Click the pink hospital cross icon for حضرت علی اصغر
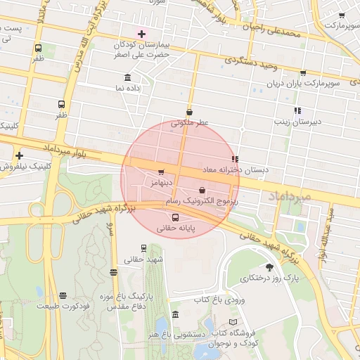(x=141, y=34)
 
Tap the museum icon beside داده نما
(x=127, y=77)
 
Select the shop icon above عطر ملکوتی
(x=189, y=112)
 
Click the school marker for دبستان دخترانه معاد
(x=234, y=159)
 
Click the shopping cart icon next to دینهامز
(x=161, y=172)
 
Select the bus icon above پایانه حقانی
(x=175, y=217)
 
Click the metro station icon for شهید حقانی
(x=144, y=248)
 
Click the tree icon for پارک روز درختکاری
(x=269, y=267)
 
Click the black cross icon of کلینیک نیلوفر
(x=19, y=155)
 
